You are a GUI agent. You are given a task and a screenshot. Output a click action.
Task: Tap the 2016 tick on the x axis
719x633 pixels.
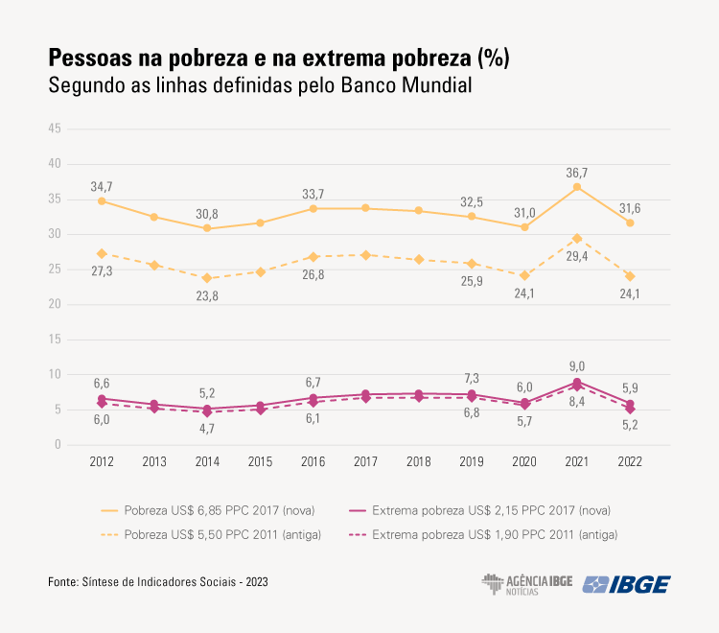[x=313, y=461]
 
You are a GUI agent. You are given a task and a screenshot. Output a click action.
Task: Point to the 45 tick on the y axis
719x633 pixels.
[x=55, y=129]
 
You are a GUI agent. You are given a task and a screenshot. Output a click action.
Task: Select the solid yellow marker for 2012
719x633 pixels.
[x=102, y=200]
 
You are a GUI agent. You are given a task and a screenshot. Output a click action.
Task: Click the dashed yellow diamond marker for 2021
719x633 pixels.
[x=577, y=238]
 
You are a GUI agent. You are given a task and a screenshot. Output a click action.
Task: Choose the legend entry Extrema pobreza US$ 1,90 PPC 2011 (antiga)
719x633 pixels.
[x=495, y=535]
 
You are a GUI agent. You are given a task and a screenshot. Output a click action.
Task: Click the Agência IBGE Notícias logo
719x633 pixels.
[x=526, y=585]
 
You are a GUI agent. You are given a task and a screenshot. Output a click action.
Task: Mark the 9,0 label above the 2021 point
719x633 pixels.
[x=577, y=365]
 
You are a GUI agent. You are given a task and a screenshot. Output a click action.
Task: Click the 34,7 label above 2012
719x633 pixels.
[x=102, y=185]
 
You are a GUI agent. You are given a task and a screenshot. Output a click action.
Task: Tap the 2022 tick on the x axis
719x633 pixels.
[x=630, y=461]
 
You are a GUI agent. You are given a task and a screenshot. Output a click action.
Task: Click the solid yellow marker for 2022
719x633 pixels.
[x=630, y=223]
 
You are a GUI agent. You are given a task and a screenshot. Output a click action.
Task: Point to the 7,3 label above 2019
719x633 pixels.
[x=471, y=378]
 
